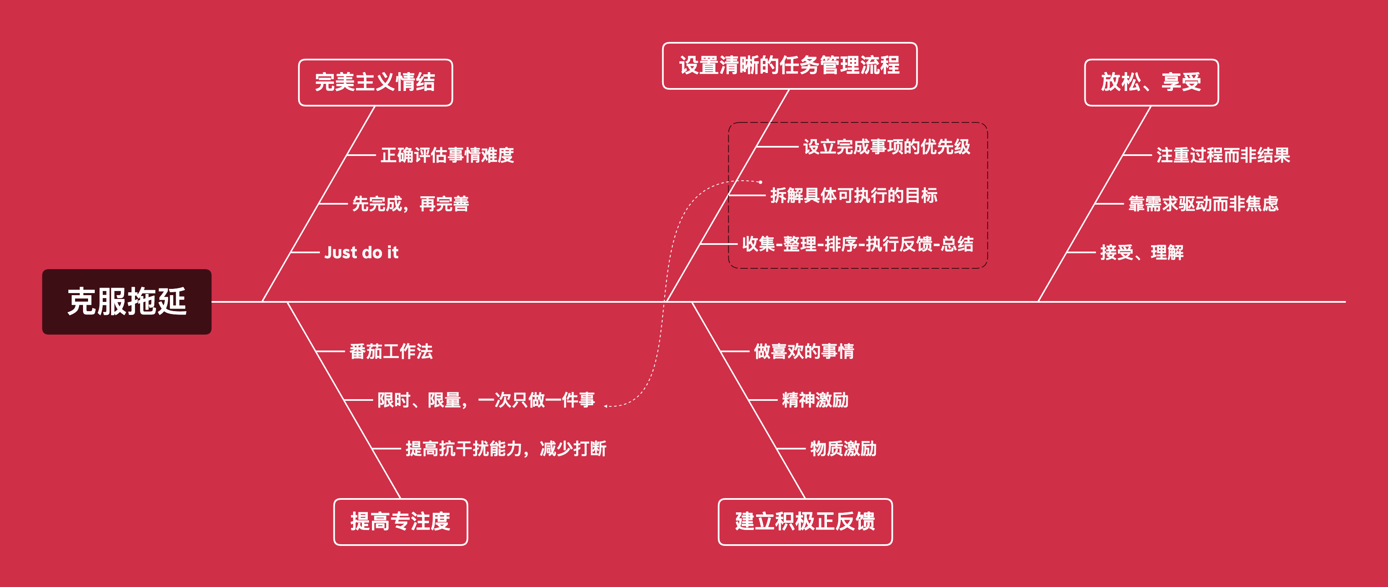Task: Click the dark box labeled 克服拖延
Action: (x=127, y=301)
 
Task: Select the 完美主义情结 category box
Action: (x=375, y=83)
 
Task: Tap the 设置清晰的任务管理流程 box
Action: (x=789, y=66)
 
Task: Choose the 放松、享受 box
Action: (x=1151, y=83)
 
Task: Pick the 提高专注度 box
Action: (x=400, y=521)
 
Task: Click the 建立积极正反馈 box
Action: (x=805, y=521)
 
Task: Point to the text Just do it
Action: (x=361, y=252)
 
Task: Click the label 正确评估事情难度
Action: (x=447, y=155)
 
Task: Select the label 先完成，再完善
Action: (x=411, y=204)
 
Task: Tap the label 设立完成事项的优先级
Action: (x=886, y=146)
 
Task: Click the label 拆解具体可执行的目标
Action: (x=853, y=195)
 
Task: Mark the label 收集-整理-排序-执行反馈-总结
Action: (x=858, y=244)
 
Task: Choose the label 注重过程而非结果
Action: (x=1223, y=155)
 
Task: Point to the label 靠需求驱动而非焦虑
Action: (x=1203, y=204)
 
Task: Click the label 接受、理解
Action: (x=1142, y=252)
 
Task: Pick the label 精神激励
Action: (x=815, y=400)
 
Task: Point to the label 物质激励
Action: (x=843, y=448)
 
